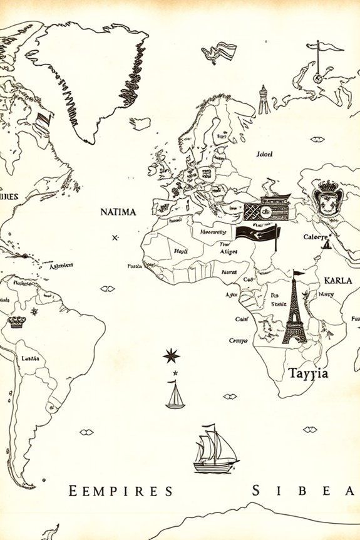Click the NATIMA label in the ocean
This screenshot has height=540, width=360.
pyautogui.click(x=118, y=212)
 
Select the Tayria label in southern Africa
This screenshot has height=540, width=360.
pyautogui.click(x=307, y=373)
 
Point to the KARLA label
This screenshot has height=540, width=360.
pyautogui.click(x=337, y=280)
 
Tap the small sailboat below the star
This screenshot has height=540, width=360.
pyautogui.click(x=175, y=396)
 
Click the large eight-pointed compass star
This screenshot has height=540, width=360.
pyautogui.click(x=171, y=356)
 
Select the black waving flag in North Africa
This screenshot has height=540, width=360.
pyautogui.click(x=258, y=236)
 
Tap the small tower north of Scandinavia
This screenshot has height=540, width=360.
pyautogui.click(x=264, y=100)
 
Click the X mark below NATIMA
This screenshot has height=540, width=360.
pyautogui.click(x=115, y=238)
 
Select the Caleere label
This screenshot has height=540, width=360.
pyautogui.click(x=316, y=237)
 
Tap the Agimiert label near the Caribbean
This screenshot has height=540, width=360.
pyautogui.click(x=61, y=265)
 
